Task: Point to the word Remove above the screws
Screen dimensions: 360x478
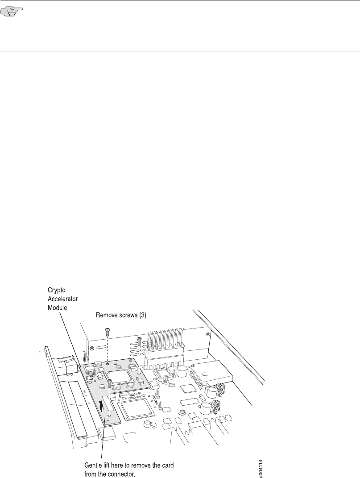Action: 108,315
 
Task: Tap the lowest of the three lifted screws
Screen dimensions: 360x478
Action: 109,382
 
